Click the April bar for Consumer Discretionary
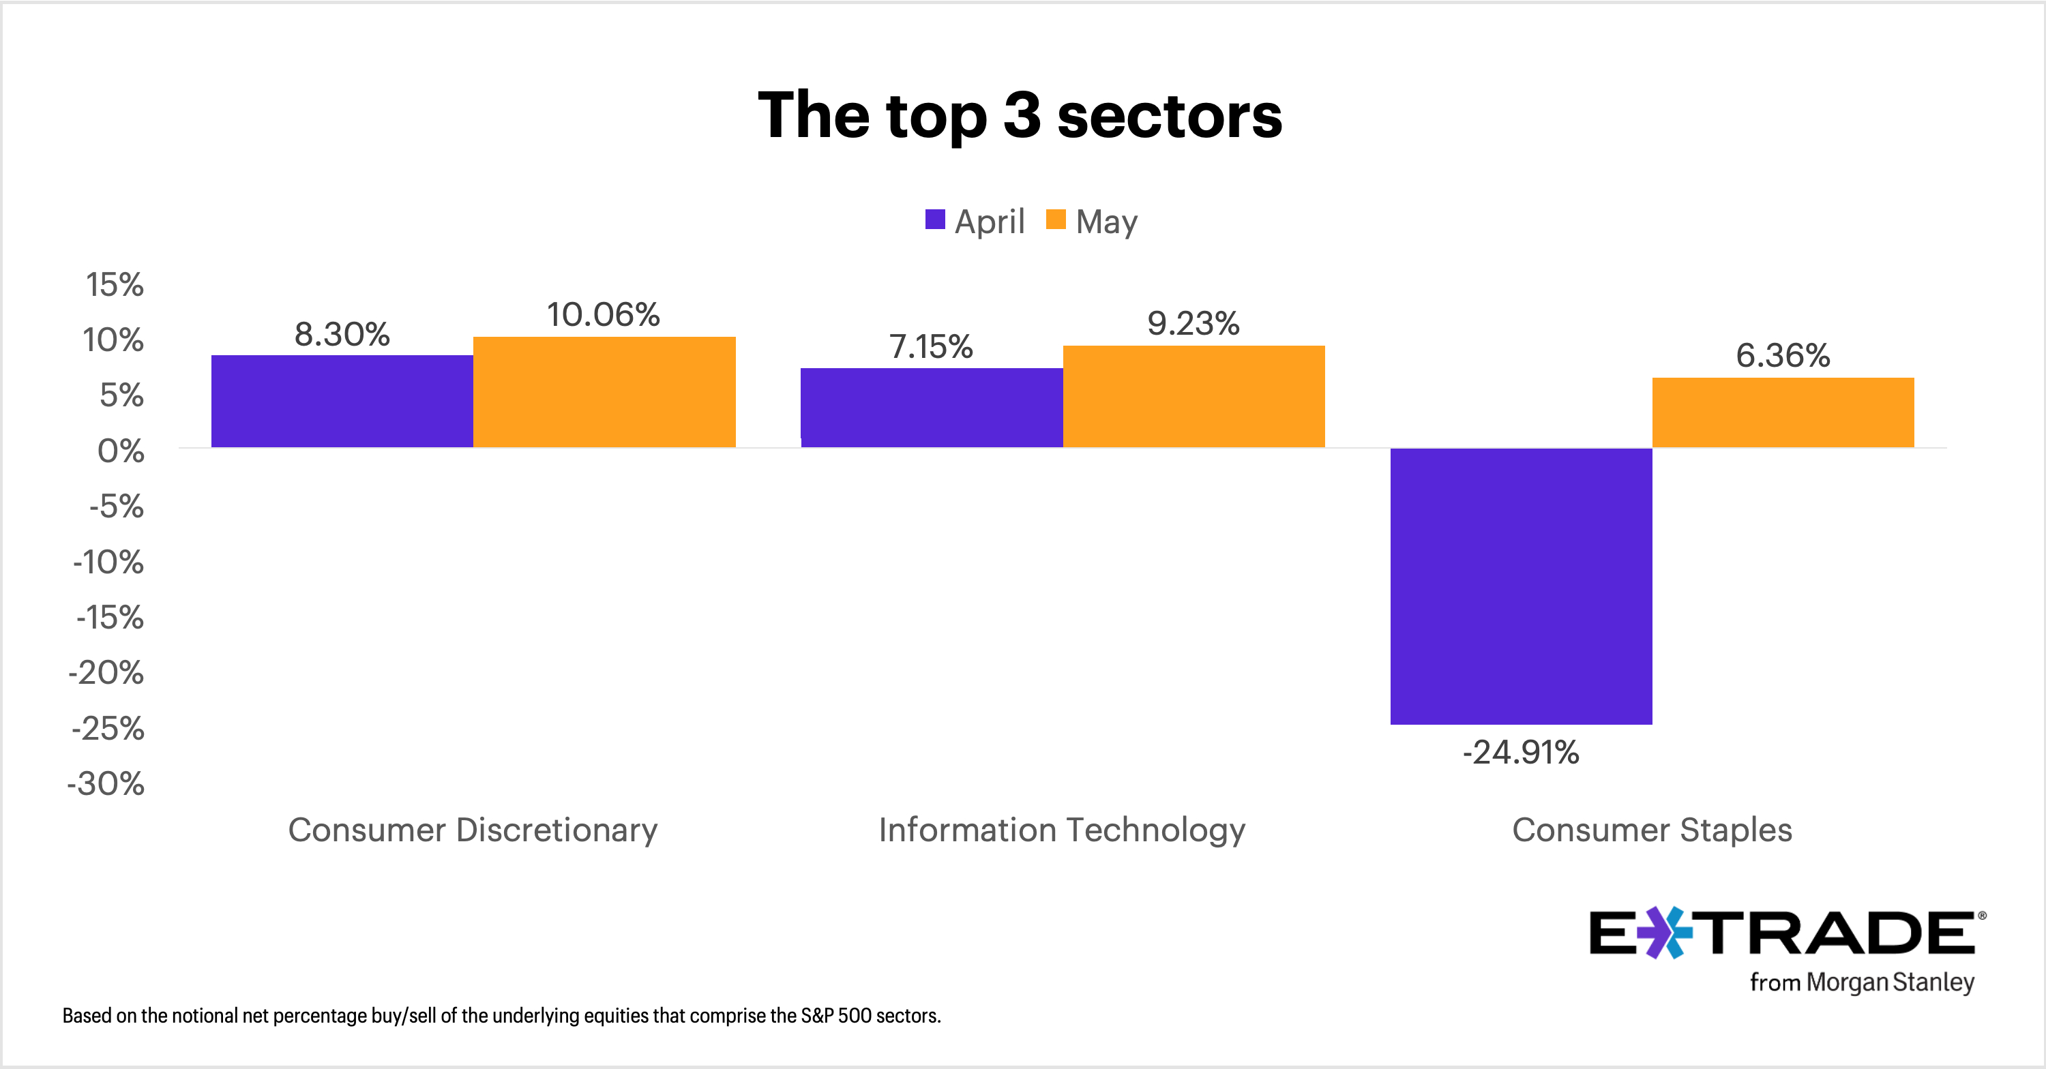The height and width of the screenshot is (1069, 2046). click(x=342, y=401)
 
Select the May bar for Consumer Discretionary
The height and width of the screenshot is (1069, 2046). click(x=604, y=392)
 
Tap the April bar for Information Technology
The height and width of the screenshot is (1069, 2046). click(x=931, y=408)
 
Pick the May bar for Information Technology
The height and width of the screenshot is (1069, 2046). click(x=1193, y=396)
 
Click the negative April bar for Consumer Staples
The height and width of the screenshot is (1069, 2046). click(x=1520, y=586)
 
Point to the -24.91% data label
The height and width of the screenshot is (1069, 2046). click(x=1520, y=752)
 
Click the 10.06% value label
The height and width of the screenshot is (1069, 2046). click(x=604, y=314)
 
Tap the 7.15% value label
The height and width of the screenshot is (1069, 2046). click(x=931, y=346)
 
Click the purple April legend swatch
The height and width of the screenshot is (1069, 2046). click(x=935, y=220)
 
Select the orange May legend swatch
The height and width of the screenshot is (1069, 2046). click(x=1056, y=220)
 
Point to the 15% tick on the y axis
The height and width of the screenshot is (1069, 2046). click(x=115, y=284)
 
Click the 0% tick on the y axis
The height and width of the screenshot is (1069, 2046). click(x=121, y=451)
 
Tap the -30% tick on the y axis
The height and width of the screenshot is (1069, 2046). click(x=106, y=784)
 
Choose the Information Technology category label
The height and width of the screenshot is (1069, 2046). click(x=1062, y=830)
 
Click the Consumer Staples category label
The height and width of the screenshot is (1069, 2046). click(x=1651, y=830)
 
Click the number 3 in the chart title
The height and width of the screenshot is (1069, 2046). click(x=1022, y=115)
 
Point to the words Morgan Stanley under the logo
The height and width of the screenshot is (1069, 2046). click(x=1891, y=982)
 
